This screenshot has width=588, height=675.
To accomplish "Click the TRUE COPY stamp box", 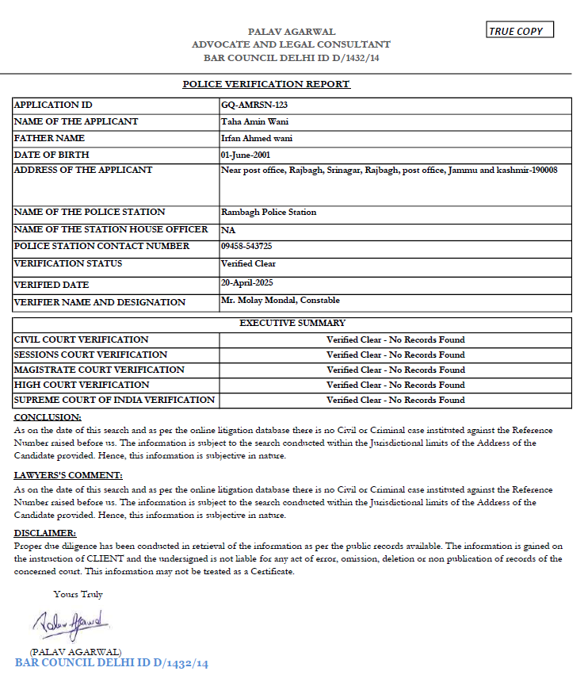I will click(520, 31).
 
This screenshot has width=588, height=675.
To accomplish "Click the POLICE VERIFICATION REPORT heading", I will click(266, 84).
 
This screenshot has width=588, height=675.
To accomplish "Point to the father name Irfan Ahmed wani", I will click(258, 138).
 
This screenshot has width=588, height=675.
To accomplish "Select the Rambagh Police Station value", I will click(269, 212).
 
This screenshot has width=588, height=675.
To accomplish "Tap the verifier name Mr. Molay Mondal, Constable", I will click(281, 301).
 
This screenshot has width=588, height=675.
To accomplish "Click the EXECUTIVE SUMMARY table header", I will click(292, 323).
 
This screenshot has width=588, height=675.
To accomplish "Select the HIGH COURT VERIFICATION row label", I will click(82, 385).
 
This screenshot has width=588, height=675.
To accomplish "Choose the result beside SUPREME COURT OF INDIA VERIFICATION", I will click(395, 400).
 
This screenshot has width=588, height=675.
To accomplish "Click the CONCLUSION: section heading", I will click(48, 417).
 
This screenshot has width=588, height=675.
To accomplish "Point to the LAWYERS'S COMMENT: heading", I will click(68, 475).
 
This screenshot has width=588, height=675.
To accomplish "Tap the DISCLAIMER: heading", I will click(45, 533).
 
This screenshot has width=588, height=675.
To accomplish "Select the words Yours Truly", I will click(78, 594).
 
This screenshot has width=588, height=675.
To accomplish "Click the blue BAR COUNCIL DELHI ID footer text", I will click(111, 663).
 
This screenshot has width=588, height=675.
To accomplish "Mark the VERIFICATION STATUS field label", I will click(68, 263).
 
